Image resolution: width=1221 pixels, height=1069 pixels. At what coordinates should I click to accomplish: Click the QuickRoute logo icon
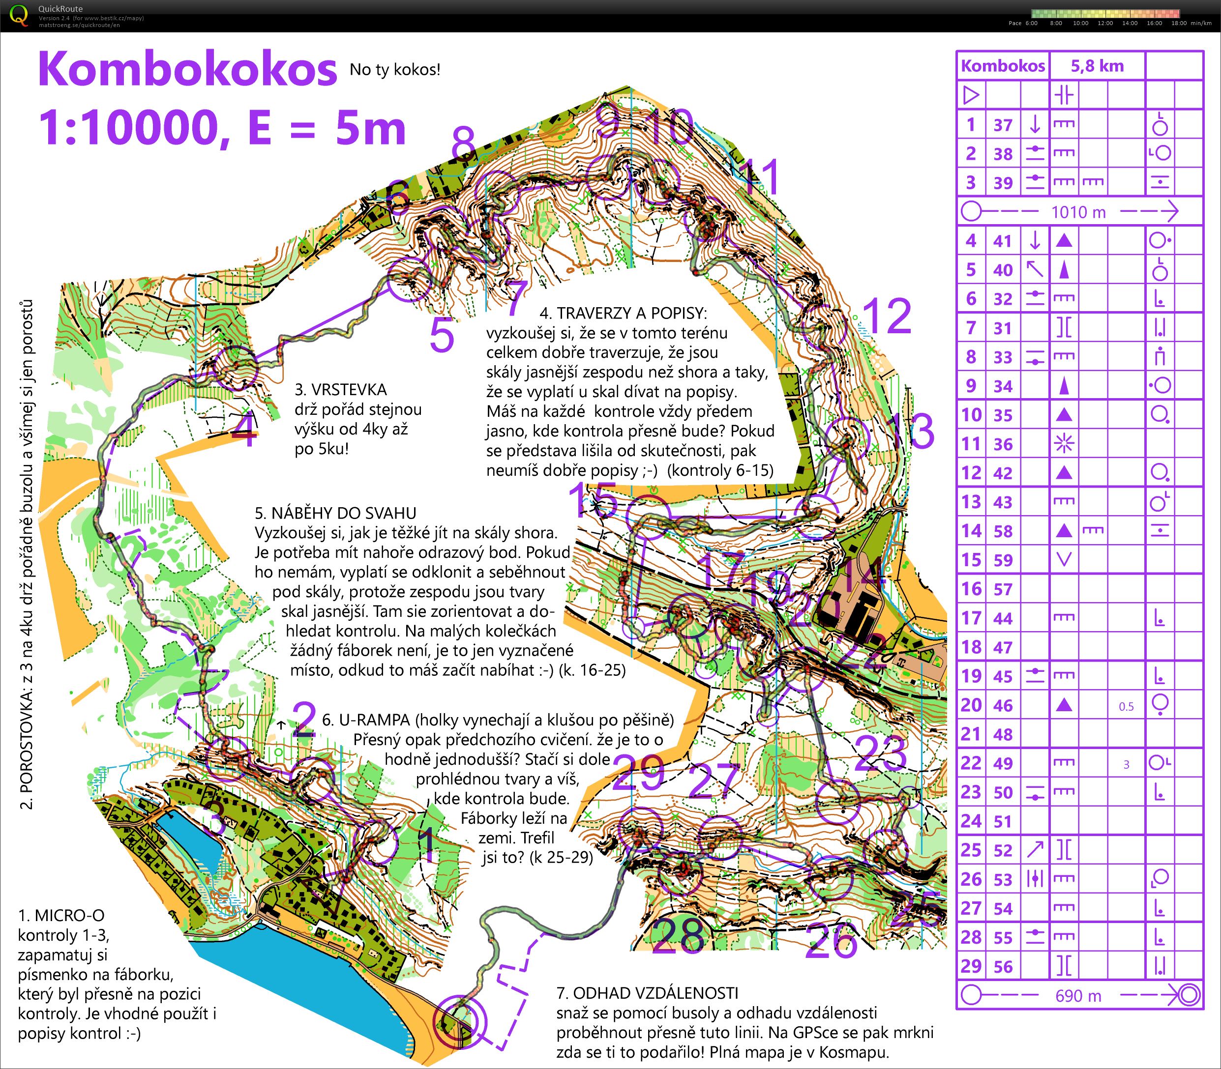[19, 14]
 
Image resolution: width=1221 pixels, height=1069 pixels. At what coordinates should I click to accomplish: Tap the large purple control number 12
[887, 316]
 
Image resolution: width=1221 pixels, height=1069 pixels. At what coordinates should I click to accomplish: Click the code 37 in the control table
[1003, 125]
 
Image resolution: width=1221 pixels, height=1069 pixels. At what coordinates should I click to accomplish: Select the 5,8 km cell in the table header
[1097, 66]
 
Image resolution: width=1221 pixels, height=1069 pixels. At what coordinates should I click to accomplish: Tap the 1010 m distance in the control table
[1078, 212]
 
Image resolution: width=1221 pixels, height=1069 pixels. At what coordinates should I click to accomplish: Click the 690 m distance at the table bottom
[1078, 996]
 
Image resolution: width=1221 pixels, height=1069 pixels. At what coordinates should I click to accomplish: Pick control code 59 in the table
[1003, 560]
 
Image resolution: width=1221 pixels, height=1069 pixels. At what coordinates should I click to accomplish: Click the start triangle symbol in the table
[971, 95]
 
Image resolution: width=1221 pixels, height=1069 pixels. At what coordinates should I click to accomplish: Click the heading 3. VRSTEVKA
[341, 390]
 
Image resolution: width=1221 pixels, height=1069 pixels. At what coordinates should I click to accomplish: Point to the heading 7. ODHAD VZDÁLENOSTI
[647, 993]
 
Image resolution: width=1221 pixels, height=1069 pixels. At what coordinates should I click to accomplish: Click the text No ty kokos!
[394, 70]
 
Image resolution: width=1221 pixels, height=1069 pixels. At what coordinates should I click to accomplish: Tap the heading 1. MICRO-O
[61, 915]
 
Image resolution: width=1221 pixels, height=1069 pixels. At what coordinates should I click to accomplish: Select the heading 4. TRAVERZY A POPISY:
[623, 313]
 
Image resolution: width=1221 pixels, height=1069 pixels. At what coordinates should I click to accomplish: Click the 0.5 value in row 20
[1126, 706]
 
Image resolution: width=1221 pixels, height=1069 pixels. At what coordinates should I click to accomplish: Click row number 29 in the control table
[971, 966]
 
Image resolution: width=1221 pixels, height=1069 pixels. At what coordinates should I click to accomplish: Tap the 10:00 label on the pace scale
[1080, 23]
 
